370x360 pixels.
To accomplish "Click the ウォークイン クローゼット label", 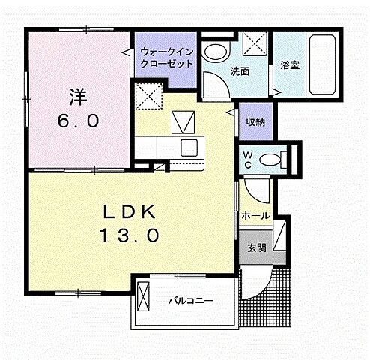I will click(x=167, y=58).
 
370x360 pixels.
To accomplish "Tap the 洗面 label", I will click(x=240, y=72).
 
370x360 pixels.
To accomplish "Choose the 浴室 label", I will click(x=289, y=65).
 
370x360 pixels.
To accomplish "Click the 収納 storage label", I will click(x=255, y=121).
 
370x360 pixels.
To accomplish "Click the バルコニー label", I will click(x=190, y=301).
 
